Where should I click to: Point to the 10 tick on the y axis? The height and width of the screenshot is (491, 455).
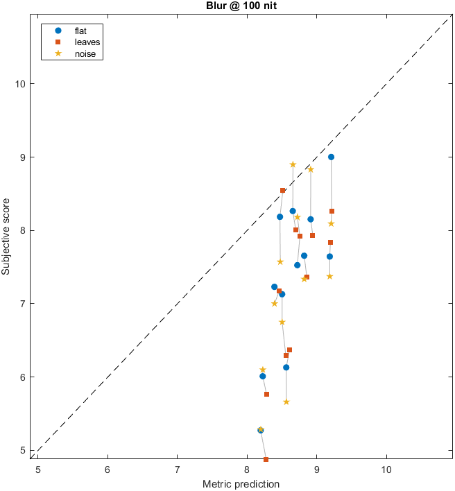pyautogui.click(x=20, y=84)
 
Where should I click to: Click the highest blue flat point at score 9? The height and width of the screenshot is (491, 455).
pyautogui.click(x=331, y=157)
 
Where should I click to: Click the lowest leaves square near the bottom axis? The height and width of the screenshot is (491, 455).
pyautogui.click(x=266, y=459)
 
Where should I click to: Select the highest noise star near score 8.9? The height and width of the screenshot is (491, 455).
pyautogui.click(x=293, y=164)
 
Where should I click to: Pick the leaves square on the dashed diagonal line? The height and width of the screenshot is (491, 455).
pyautogui.click(x=282, y=190)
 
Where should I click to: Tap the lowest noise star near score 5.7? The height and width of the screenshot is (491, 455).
pyautogui.click(x=286, y=402)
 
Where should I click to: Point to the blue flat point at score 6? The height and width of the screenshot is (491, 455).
pyautogui.click(x=262, y=376)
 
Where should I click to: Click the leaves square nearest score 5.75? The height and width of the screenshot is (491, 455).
pyautogui.click(x=266, y=394)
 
